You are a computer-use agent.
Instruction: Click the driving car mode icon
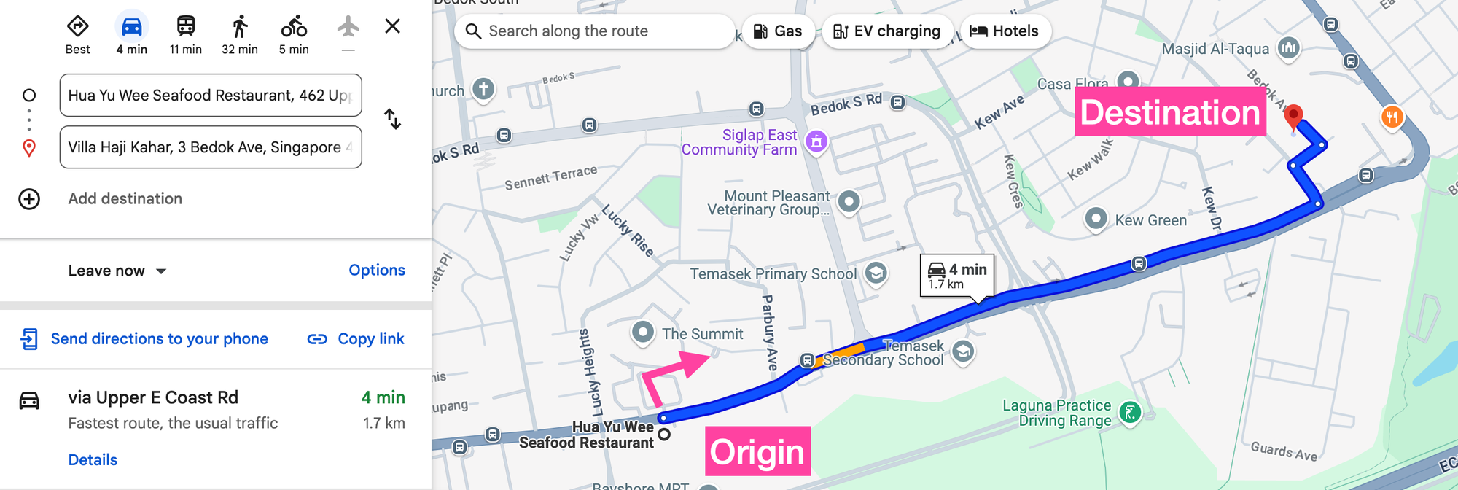[132, 28]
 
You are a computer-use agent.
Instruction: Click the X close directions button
[392, 26]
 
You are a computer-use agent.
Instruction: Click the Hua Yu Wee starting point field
[211, 96]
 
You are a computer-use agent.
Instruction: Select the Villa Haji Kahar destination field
[211, 147]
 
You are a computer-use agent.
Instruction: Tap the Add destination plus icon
[29, 199]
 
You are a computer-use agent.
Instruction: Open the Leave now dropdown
[117, 271]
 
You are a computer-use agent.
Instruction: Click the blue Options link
[376, 271]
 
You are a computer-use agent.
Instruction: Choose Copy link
[356, 339]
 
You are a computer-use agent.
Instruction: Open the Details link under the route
[93, 460]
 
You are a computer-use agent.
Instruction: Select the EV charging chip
[886, 31]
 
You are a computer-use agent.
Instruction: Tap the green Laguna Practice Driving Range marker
[1130, 413]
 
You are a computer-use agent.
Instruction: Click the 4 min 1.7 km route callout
[956, 275]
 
